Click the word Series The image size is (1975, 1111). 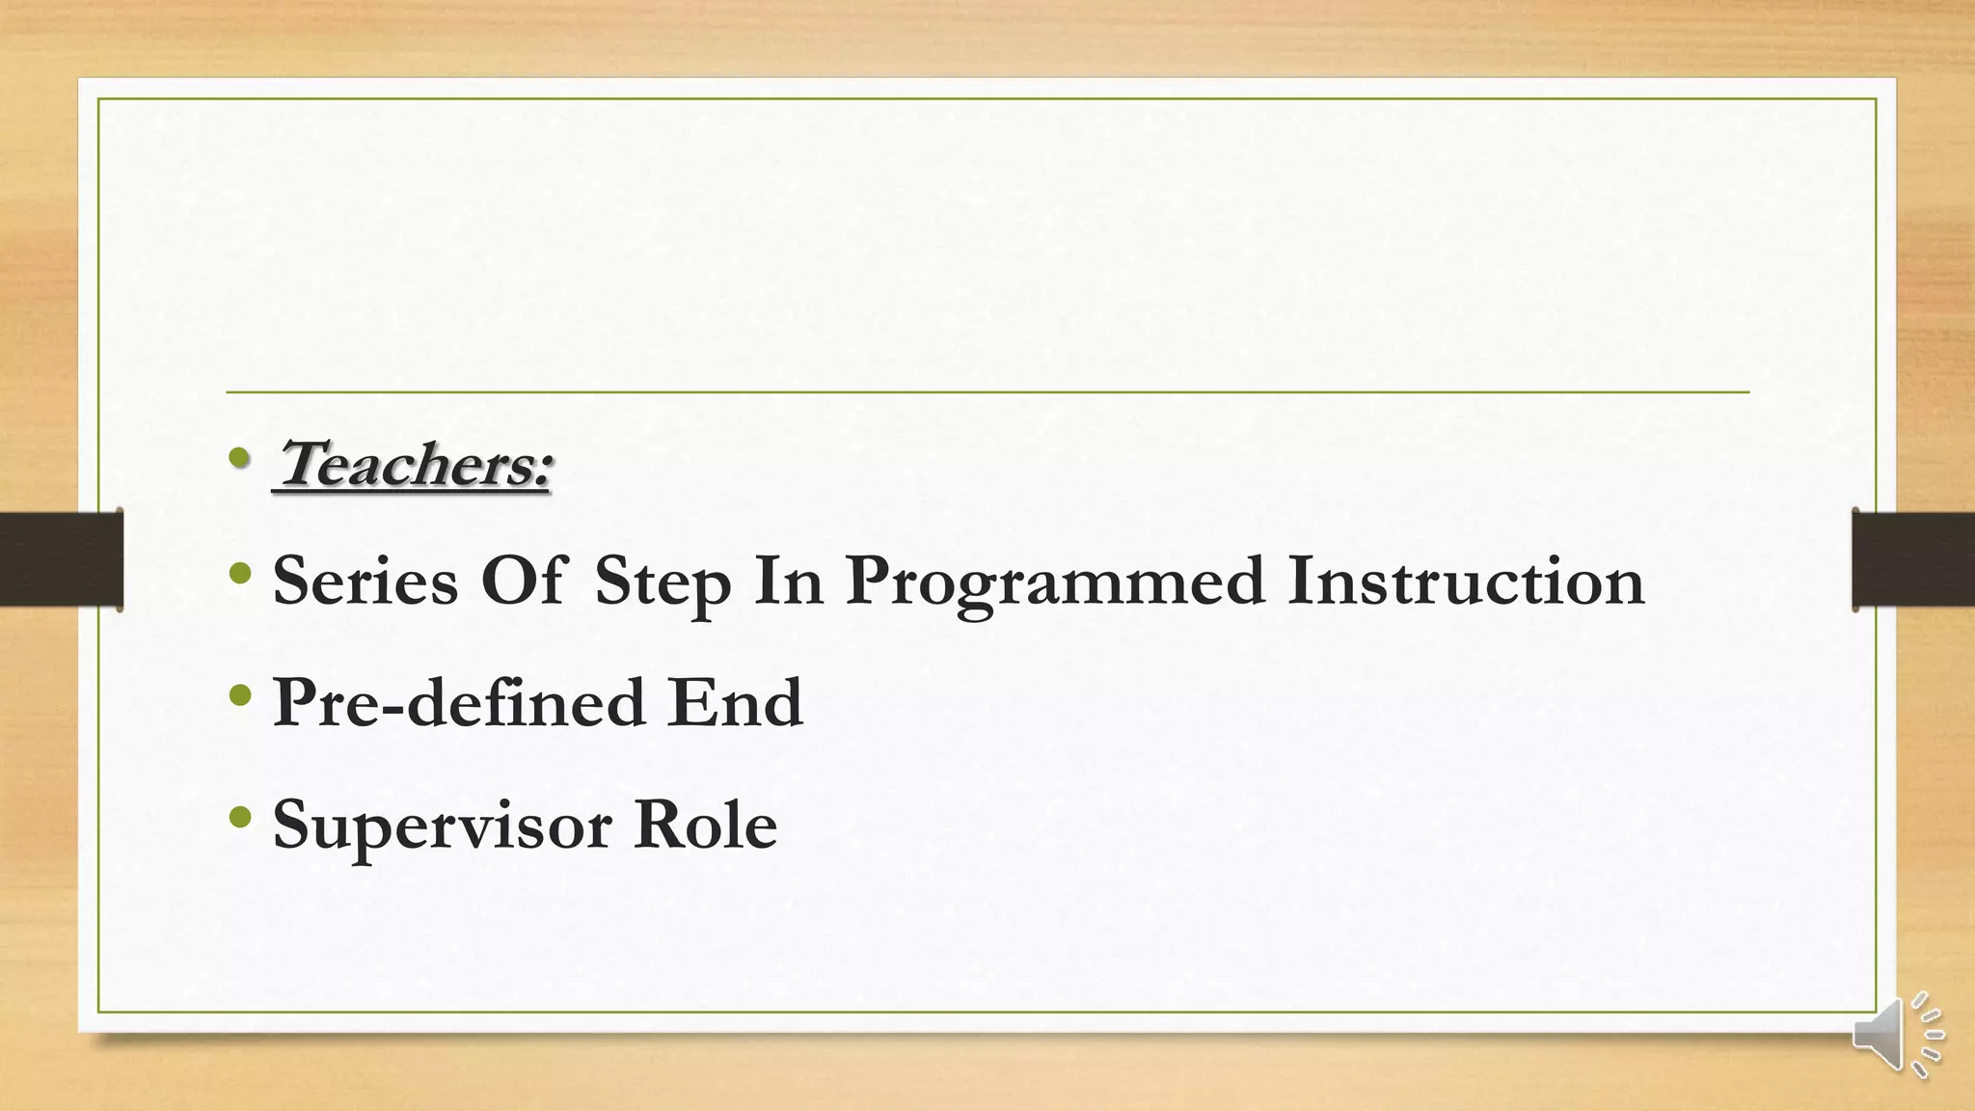[x=365, y=582]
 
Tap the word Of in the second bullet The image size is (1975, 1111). [x=523, y=582]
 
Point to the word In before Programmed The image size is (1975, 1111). [x=789, y=582]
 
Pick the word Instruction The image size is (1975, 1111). [x=1465, y=582]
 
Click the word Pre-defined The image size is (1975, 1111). [x=458, y=703]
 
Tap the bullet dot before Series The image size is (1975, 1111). [x=240, y=576]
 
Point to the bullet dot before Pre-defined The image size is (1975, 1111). [x=240, y=696]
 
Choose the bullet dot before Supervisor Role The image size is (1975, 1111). [x=240, y=819]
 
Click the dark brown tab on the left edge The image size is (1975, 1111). [x=61, y=559]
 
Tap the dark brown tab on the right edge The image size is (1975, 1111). [x=1913, y=559]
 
